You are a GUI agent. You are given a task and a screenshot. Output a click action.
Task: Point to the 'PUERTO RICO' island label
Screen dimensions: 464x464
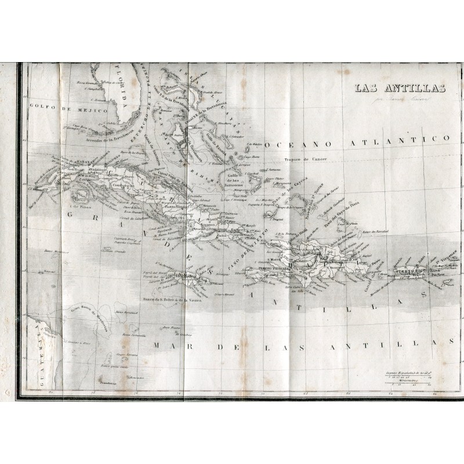coord(407,271)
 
